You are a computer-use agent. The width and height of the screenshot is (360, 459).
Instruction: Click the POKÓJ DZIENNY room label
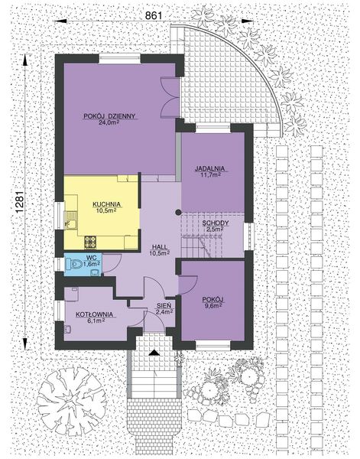pyautogui.click(x=110, y=115)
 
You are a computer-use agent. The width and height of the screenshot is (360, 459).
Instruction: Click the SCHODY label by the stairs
pyautogui.click(x=214, y=223)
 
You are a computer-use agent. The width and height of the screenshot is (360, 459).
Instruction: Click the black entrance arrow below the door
pyautogui.click(x=155, y=353)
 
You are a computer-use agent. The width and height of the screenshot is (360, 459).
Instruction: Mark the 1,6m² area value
pyautogui.click(x=92, y=265)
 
